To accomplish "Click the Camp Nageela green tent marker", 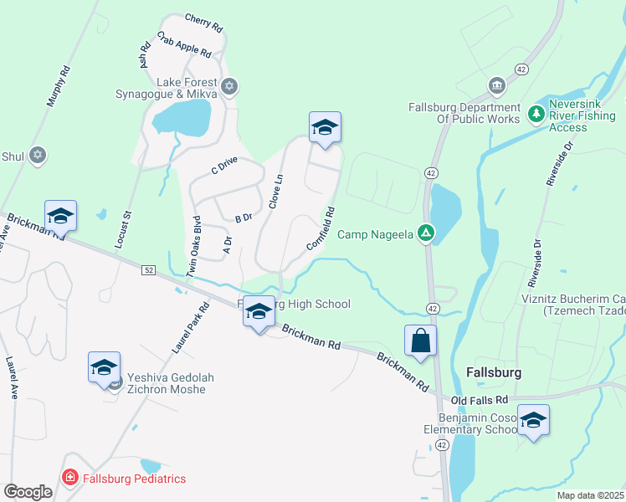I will tap(426, 233).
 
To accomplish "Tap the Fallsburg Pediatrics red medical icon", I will tap(71, 478).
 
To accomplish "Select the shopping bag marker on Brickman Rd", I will tap(420, 341).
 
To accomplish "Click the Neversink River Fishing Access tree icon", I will tap(536, 112).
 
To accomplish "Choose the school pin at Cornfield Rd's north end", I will tap(325, 128).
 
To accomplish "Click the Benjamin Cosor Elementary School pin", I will tap(533, 421).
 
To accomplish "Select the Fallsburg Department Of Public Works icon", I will tap(496, 86).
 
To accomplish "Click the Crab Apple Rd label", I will tap(184, 45).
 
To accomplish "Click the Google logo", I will tap(28, 492).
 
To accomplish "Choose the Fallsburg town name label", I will tap(494, 371).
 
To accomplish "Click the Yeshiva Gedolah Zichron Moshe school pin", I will tap(104, 367).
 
